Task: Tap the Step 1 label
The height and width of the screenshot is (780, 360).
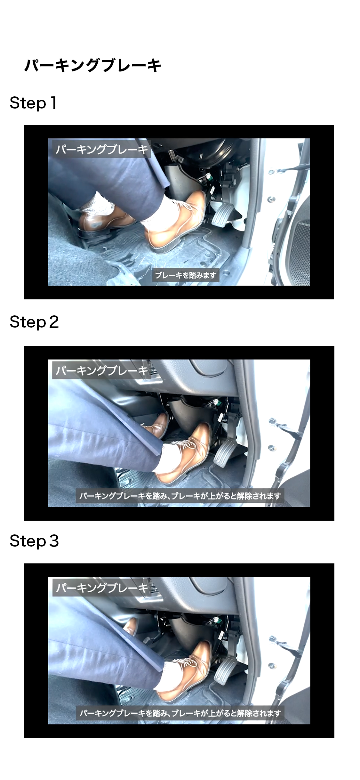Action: [x=33, y=103]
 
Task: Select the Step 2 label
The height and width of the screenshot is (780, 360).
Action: [x=34, y=322]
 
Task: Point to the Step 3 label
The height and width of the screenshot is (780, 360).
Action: [x=34, y=541]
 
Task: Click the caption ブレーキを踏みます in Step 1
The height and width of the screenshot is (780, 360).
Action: [x=186, y=275]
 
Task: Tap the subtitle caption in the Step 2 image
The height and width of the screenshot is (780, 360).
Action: [x=180, y=496]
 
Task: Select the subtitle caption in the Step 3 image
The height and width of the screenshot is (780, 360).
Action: [x=180, y=713]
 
